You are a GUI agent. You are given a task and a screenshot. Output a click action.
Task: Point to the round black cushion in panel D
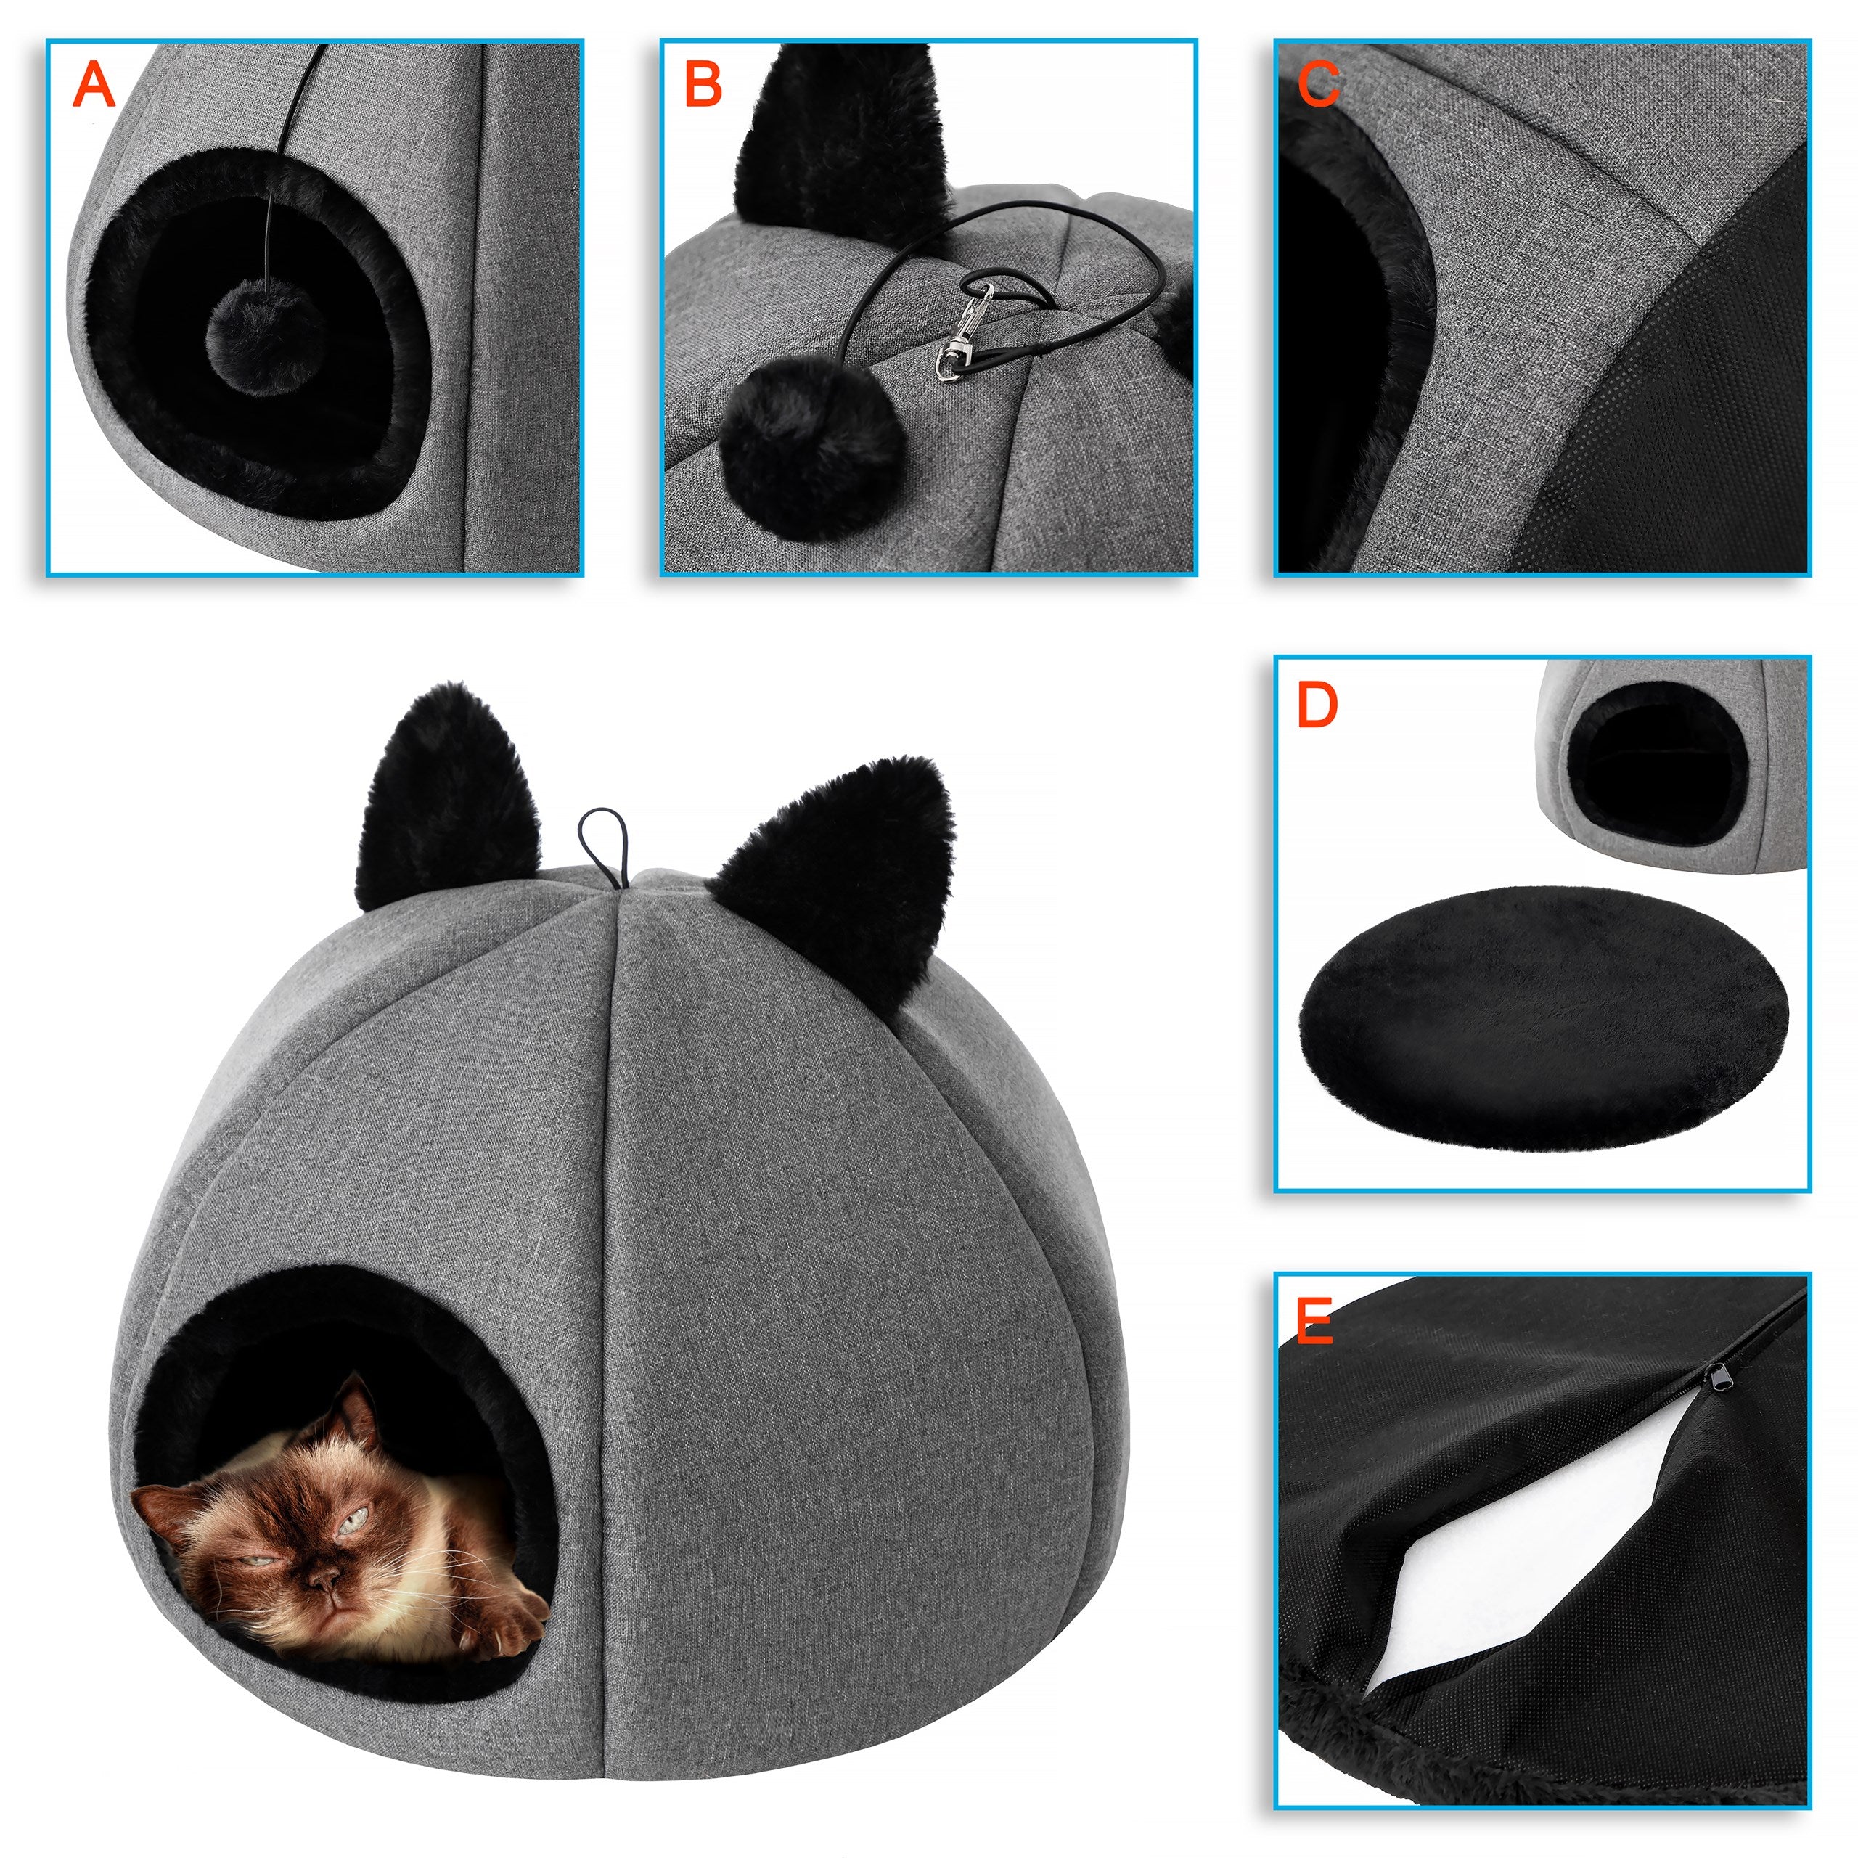tap(1542, 1018)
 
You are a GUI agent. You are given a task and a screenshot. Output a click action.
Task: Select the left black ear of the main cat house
tap(446, 794)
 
